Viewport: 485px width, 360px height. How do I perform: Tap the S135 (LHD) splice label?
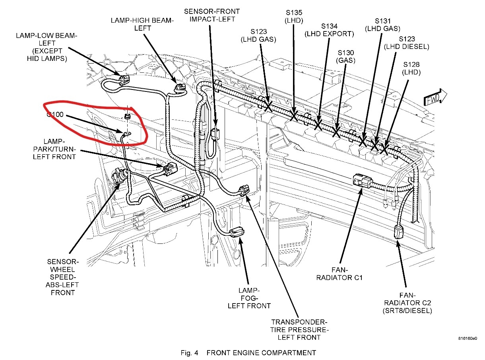pyautogui.click(x=294, y=16)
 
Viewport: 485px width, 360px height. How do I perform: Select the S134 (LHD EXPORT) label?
pyautogui.click(x=329, y=30)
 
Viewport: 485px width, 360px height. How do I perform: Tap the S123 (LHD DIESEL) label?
pyautogui.click(x=406, y=43)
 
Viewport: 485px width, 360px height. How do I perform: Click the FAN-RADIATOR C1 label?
pyautogui.click(x=339, y=273)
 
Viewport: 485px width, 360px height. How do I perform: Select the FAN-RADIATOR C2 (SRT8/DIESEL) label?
pyautogui.click(x=407, y=303)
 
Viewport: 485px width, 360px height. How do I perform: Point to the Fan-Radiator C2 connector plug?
pyautogui.click(x=399, y=232)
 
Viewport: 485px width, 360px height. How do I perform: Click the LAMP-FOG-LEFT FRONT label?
pyautogui.click(x=249, y=298)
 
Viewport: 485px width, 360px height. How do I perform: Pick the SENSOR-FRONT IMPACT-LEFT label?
pyautogui.click(x=210, y=15)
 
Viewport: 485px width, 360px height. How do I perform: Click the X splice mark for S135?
pyautogui.click(x=295, y=116)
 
